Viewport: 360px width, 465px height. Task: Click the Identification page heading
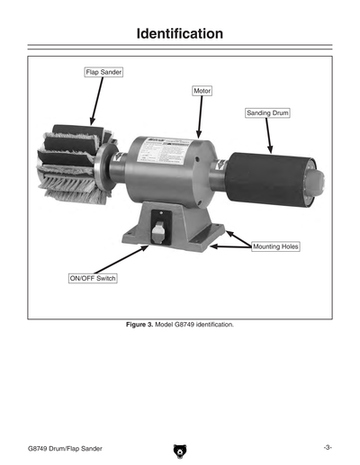[179, 35]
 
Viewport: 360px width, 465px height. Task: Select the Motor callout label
[202, 92]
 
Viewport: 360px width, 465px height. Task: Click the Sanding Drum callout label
[266, 113]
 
